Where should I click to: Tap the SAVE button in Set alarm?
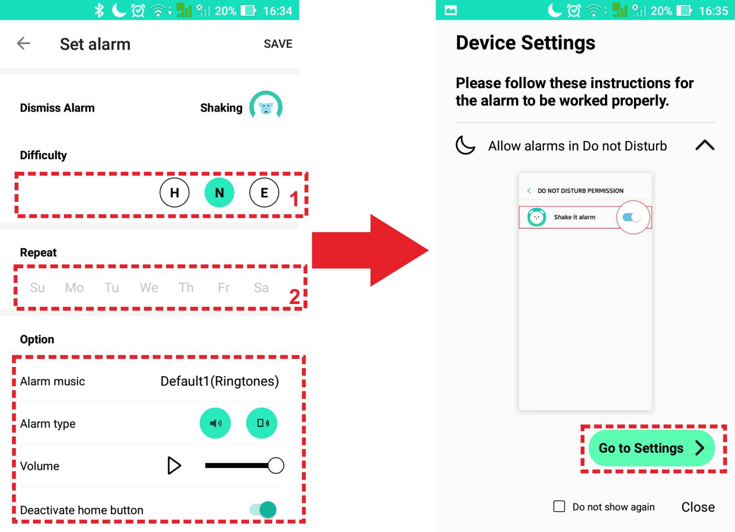click(278, 44)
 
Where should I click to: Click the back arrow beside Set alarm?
click(23, 44)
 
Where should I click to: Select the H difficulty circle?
click(175, 192)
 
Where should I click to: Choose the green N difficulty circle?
click(219, 192)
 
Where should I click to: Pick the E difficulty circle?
click(264, 192)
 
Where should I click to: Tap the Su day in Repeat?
click(38, 288)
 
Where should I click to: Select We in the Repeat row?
click(149, 288)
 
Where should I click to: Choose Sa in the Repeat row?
click(261, 288)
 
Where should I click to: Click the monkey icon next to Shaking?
click(266, 107)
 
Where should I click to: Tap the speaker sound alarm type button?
click(215, 423)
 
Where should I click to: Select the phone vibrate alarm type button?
click(262, 423)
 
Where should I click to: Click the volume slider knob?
click(276, 466)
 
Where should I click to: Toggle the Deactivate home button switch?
click(263, 510)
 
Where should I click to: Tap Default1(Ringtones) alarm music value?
click(220, 381)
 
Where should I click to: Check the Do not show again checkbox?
click(559, 507)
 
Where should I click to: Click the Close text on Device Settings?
click(698, 507)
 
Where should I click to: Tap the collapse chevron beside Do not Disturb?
click(705, 145)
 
